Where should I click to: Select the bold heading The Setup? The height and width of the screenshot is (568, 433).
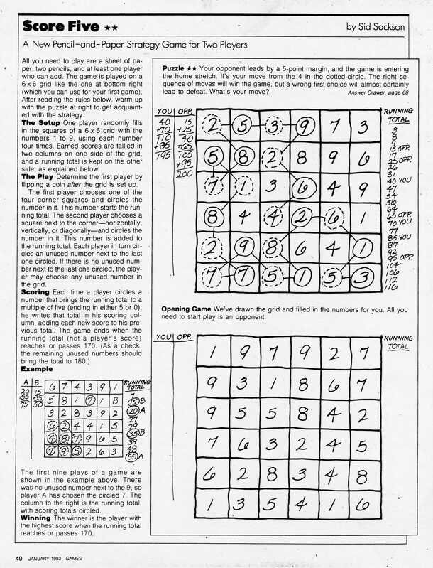[42, 124]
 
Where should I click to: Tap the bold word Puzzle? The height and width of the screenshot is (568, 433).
[173, 68]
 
